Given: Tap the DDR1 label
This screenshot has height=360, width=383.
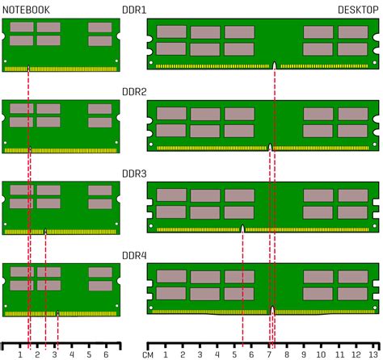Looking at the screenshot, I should pos(134,10).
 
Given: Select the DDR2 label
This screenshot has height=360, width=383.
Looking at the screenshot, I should pos(134,91).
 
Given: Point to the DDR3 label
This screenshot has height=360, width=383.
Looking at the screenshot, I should pos(134,173).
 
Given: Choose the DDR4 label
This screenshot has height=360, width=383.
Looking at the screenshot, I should pos(134,256).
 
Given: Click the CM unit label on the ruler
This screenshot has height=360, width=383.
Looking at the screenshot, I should pos(149,354).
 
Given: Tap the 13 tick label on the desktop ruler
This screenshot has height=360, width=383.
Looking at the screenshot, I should pos(372,354).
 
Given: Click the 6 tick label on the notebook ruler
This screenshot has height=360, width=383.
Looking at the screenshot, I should pos(106,354).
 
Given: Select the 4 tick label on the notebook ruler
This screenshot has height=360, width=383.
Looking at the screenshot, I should pos(72,354).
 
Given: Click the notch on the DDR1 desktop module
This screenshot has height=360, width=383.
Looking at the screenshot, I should pos(275,65).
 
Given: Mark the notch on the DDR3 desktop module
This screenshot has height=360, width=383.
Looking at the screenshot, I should pos(243,228).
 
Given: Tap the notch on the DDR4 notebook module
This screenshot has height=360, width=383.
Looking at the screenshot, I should pos(58,312).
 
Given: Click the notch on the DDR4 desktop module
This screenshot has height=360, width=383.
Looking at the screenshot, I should pos(273,310).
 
